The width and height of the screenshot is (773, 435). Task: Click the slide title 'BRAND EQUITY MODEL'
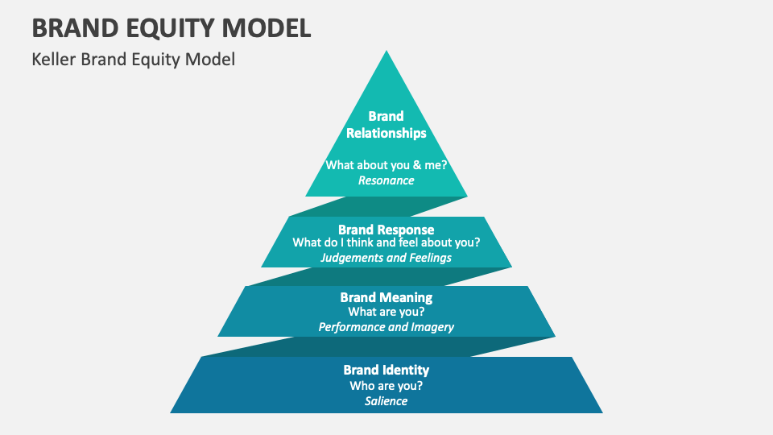pos(171,27)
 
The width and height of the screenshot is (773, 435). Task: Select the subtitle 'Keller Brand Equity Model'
pos(133,60)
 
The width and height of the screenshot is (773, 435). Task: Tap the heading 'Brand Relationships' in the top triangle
pos(386,124)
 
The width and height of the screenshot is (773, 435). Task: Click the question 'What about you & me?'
pos(386,164)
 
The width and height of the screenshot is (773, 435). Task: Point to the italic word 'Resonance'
pos(386,180)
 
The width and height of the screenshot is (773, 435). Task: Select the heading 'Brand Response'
pos(386,230)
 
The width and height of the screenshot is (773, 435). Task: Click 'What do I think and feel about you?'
pos(386,242)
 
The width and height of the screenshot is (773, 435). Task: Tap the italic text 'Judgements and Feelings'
pos(386,258)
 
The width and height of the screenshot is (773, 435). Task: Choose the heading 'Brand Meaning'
pos(386,298)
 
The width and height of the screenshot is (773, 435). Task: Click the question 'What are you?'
pos(386,312)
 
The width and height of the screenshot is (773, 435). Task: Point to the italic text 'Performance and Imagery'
pos(386,327)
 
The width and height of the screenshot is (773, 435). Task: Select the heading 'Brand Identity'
pos(386,370)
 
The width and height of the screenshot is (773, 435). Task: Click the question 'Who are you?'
pos(386,385)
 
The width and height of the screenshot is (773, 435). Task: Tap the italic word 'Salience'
pos(386,401)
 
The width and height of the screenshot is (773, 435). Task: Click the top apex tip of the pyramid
pos(386,53)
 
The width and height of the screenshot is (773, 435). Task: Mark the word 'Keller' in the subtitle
pos(54,60)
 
